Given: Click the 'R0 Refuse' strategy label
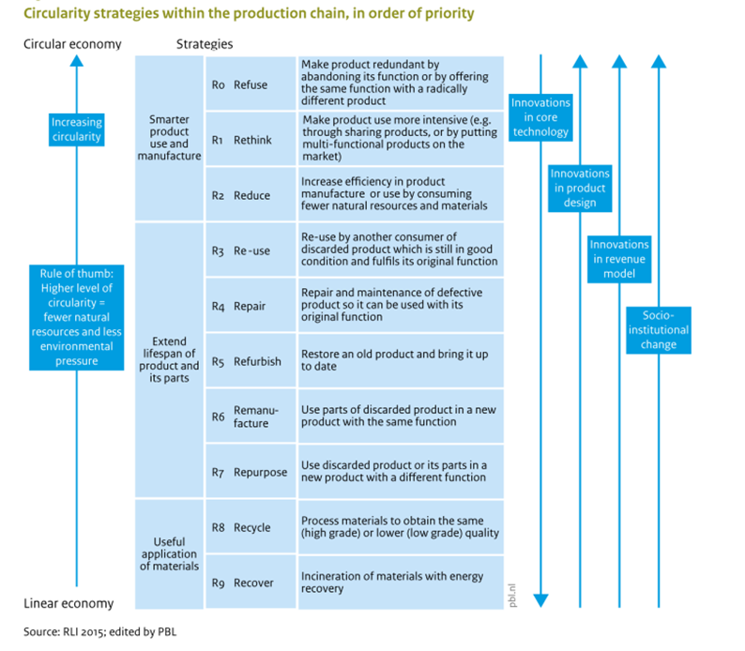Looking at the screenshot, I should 240,84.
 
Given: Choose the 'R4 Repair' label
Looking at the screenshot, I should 239,306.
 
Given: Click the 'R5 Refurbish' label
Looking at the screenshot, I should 246,362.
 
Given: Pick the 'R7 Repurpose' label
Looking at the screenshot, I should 250,472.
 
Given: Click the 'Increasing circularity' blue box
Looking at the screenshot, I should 77,129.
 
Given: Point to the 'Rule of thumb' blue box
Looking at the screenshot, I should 77,316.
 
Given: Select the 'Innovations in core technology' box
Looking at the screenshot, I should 540,117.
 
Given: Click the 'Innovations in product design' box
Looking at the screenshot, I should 579,188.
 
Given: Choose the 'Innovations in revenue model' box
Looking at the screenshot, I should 618,259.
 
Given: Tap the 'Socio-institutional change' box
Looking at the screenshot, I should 658,329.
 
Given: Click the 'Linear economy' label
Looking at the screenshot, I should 68,603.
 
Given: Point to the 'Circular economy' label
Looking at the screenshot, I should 72,44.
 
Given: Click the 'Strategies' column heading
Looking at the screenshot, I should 205,44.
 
